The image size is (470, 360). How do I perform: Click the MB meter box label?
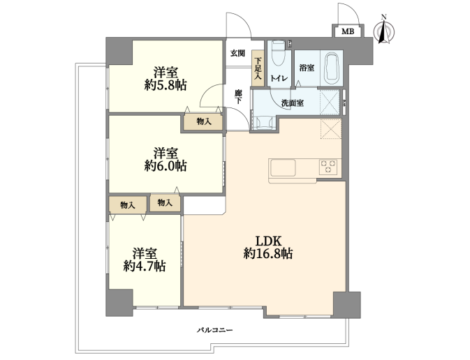pyautogui.click(x=348, y=31)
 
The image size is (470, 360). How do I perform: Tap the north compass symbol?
pyautogui.click(x=383, y=30)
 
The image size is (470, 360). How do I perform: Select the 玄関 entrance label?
pyautogui.click(x=237, y=53)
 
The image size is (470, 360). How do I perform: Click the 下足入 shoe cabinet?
pyautogui.click(x=258, y=68)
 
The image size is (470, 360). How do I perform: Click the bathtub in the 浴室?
pyautogui.click(x=332, y=68)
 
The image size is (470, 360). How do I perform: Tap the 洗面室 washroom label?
pyautogui.click(x=292, y=103)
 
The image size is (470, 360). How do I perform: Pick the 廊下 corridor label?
pyautogui.click(x=238, y=97)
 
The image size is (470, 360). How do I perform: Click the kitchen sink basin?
pyautogui.click(x=283, y=167)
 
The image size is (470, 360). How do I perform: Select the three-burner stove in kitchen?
pyautogui.click(x=328, y=167)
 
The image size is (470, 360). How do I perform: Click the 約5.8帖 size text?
pyautogui.click(x=166, y=86)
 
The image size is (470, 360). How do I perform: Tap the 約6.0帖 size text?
pyautogui.click(x=166, y=166)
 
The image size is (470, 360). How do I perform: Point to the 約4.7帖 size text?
pyautogui.click(x=145, y=266)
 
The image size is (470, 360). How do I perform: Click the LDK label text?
pyautogui.click(x=267, y=241)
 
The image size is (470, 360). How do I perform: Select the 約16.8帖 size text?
pyautogui.click(x=268, y=254)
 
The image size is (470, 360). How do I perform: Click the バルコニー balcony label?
pyautogui.click(x=214, y=330)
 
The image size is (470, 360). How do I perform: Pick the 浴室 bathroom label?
pyautogui.click(x=307, y=68)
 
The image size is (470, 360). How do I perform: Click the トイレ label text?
pyautogui.click(x=279, y=78)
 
